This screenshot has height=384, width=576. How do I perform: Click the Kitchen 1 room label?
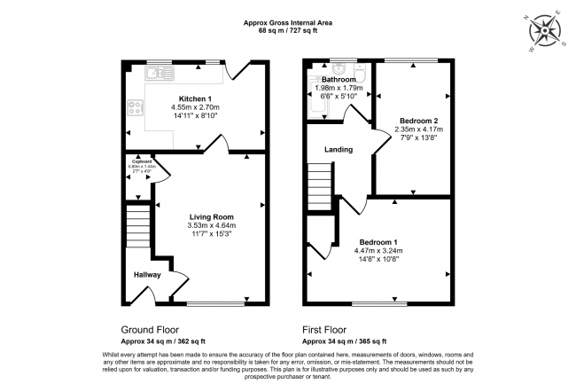195,98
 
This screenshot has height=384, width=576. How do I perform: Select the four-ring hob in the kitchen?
136,109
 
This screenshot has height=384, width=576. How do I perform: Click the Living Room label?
211,216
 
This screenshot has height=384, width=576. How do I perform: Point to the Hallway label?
147,275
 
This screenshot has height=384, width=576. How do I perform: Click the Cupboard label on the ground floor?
137,161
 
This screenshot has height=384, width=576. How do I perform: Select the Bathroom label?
339,79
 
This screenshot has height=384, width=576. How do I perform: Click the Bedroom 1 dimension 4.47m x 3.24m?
378,250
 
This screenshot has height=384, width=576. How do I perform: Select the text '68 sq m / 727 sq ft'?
288,30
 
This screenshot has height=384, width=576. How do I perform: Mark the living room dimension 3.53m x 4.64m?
212,225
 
